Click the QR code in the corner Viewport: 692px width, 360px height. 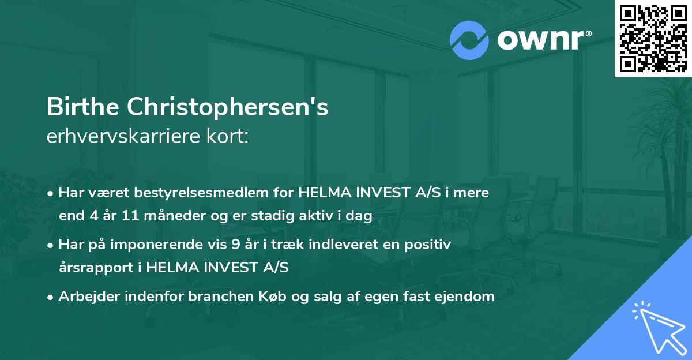click(x=653, y=38)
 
